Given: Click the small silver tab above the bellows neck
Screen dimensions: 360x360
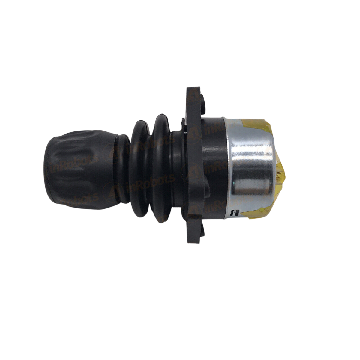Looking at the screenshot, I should click(183, 120).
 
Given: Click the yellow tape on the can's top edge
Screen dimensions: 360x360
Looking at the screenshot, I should click(258, 123).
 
